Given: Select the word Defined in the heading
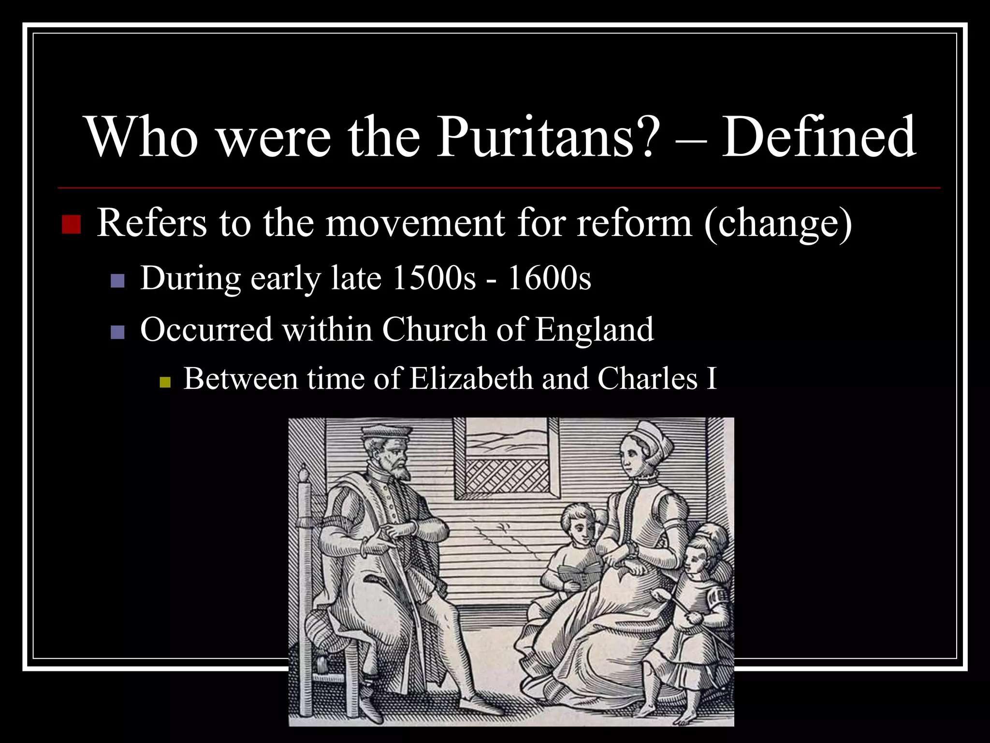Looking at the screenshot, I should coord(818,137).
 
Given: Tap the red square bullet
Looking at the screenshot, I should coord(72,224).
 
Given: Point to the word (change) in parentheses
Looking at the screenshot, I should coord(778,224).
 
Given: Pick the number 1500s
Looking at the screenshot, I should coord(434,279).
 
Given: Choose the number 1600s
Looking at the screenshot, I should coord(549,279).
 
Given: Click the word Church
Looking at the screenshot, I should coord(434,329).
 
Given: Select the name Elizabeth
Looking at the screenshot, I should coord(471,378).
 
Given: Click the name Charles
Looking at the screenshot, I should coord(648,378).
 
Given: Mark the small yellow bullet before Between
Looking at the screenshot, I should coord(165,383).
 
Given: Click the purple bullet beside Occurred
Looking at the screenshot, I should coord(117,332).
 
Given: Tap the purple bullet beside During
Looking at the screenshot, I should coord(117,281).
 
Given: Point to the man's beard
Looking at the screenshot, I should coord(402,469).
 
